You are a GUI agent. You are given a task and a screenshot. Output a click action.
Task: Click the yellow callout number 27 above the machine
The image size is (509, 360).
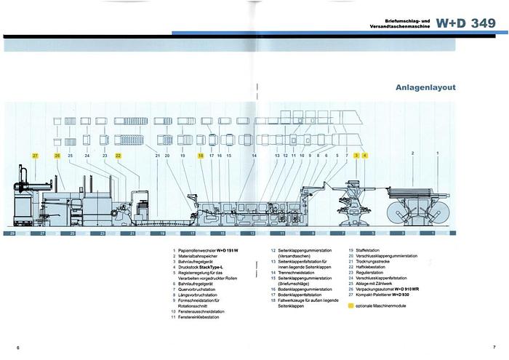tap(34, 156)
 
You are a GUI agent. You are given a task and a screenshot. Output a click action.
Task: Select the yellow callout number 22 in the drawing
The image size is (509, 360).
tap(119, 156)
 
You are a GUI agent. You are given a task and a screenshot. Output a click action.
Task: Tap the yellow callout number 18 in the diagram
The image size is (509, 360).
tap(200, 156)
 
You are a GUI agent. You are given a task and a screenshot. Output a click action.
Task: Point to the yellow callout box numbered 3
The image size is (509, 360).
tap(356, 156)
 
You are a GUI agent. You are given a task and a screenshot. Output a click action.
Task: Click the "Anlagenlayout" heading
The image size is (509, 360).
tap(425, 87)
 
